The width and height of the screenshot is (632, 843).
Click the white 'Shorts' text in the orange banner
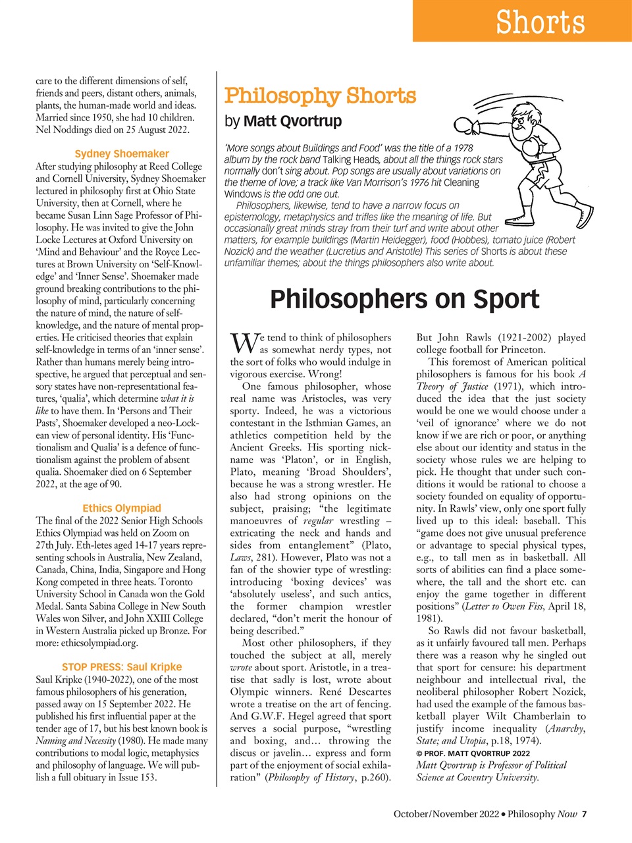[x=540, y=22]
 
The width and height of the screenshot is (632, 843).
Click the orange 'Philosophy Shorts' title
[x=320, y=96]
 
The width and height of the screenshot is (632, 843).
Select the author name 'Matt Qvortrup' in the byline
[x=292, y=121]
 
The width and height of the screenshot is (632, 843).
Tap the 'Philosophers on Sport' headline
[x=404, y=299]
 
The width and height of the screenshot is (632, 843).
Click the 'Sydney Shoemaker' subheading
[x=122, y=153]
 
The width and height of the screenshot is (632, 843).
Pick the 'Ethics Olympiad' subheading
[x=122, y=508]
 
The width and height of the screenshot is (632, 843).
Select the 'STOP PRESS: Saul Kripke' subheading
[x=122, y=666]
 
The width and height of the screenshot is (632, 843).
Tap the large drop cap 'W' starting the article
[x=242, y=343]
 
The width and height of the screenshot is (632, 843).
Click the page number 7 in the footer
[x=584, y=814]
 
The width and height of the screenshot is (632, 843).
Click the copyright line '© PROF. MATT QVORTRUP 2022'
[x=473, y=753]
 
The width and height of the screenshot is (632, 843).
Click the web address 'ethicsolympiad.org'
[x=97, y=643]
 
